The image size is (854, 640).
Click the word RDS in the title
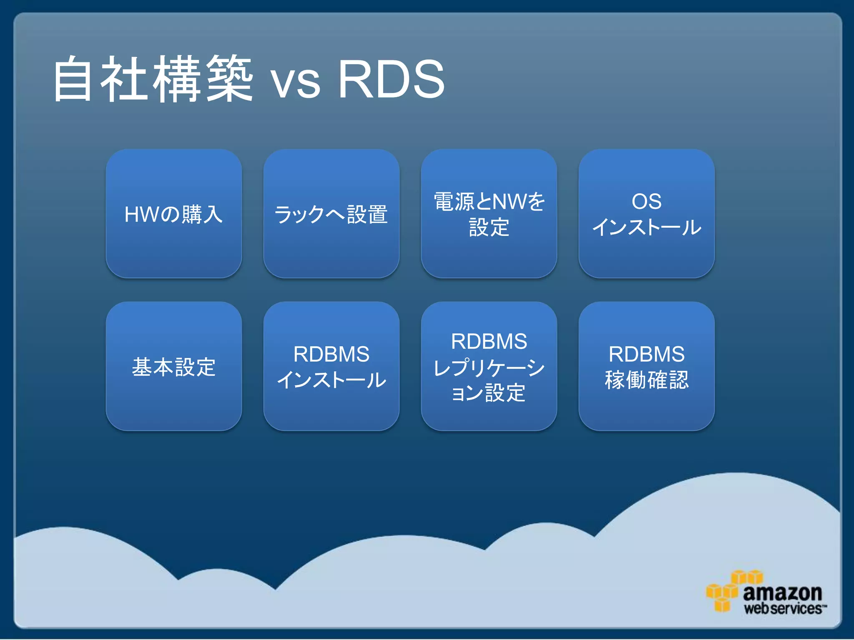tap(391, 79)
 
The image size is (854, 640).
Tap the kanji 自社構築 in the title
tap(153, 79)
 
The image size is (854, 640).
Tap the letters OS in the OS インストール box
tap(646, 202)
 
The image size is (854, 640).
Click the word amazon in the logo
tap(782, 592)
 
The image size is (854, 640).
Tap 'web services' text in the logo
tap(783, 609)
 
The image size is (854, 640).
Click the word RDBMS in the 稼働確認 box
tap(646, 354)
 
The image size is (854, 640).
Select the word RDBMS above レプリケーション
tap(489, 341)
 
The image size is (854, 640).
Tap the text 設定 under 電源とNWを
tap(489, 227)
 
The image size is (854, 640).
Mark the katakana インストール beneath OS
tap(646, 227)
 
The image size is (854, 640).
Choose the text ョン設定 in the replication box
tap(489, 393)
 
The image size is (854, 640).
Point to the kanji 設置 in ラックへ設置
tap(367, 214)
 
